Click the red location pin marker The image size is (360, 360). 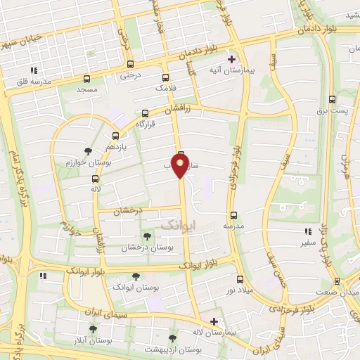coord(181,165)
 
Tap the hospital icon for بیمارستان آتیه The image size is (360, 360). coord(231,59)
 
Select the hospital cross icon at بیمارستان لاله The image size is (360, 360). coord(214,321)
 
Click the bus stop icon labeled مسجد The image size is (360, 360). coord(86,79)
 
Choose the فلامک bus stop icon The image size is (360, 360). coord(165,78)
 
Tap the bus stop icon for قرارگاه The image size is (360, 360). coord(146,113)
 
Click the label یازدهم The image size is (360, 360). coord(115,146)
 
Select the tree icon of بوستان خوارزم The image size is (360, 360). coord(88,151)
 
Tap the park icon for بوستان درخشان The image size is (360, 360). coord(146,236)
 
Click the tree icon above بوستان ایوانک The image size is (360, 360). coord(136,277)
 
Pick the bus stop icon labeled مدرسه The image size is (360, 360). coord(234,215)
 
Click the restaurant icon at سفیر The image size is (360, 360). coord(307,231)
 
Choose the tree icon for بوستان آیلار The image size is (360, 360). coord(93,328)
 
